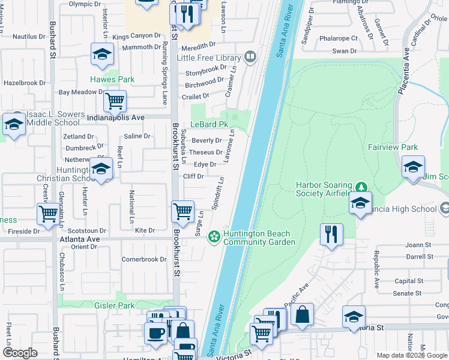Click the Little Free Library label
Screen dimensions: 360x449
[208, 58]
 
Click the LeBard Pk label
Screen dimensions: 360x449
[210, 124]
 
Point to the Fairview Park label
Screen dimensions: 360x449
[393, 147]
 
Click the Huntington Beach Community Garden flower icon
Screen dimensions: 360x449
[214, 238]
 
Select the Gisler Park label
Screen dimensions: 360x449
[115, 305]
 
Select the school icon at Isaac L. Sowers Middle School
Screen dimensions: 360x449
[13, 124]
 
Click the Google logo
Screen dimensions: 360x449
[20, 353]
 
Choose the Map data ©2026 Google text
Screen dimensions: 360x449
[411, 355]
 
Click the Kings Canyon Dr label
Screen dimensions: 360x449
[137, 37]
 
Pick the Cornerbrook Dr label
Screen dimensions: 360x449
[144, 260]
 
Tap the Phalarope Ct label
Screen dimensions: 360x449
[338, 38]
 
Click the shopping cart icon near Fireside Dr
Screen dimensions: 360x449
[48, 214]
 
